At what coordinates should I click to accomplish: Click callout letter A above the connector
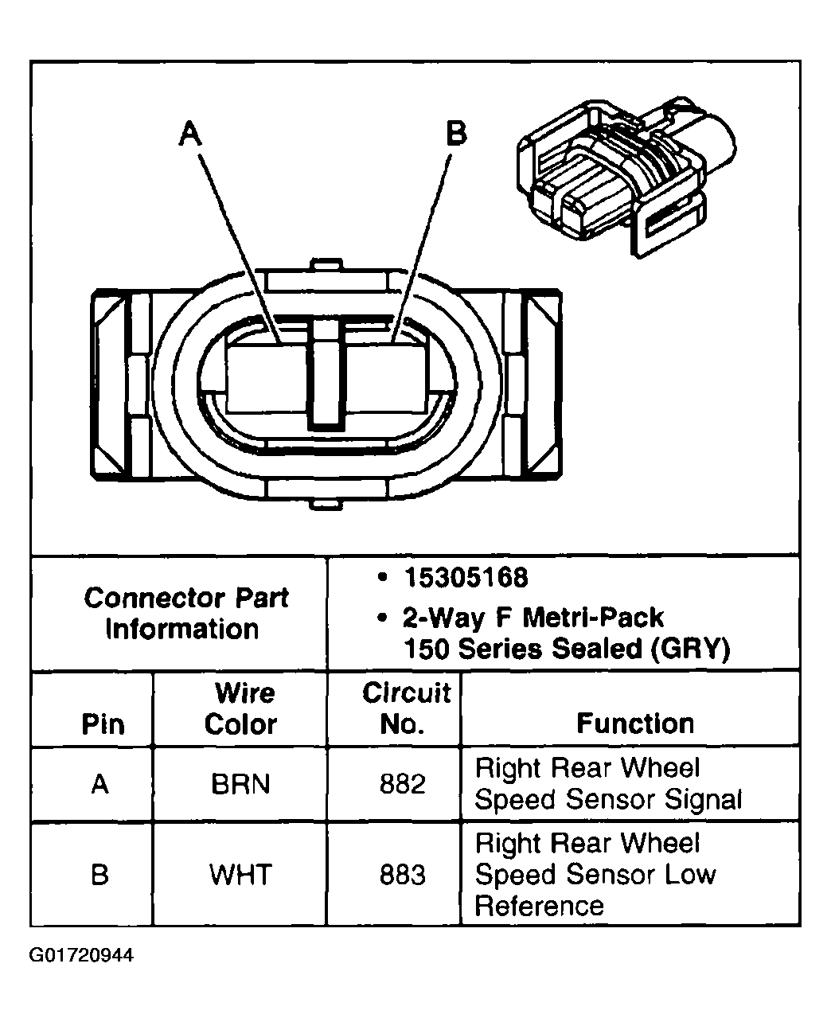point(189,134)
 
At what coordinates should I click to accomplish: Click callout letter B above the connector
point(456,133)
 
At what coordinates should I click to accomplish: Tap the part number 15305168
point(466,578)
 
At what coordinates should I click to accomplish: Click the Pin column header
point(103,724)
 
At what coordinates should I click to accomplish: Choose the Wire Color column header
point(241,708)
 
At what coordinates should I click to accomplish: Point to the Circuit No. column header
point(405,708)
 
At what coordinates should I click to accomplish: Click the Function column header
point(634,724)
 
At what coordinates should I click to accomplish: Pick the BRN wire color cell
point(240,785)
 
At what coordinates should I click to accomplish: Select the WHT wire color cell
point(240,875)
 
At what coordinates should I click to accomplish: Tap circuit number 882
point(402,785)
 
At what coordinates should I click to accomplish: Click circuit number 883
point(402,875)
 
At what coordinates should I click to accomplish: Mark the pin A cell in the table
point(99,785)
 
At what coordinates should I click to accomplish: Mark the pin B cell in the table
point(99,875)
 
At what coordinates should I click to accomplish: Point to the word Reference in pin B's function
point(539,907)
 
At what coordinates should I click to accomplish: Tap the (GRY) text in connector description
point(690,649)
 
